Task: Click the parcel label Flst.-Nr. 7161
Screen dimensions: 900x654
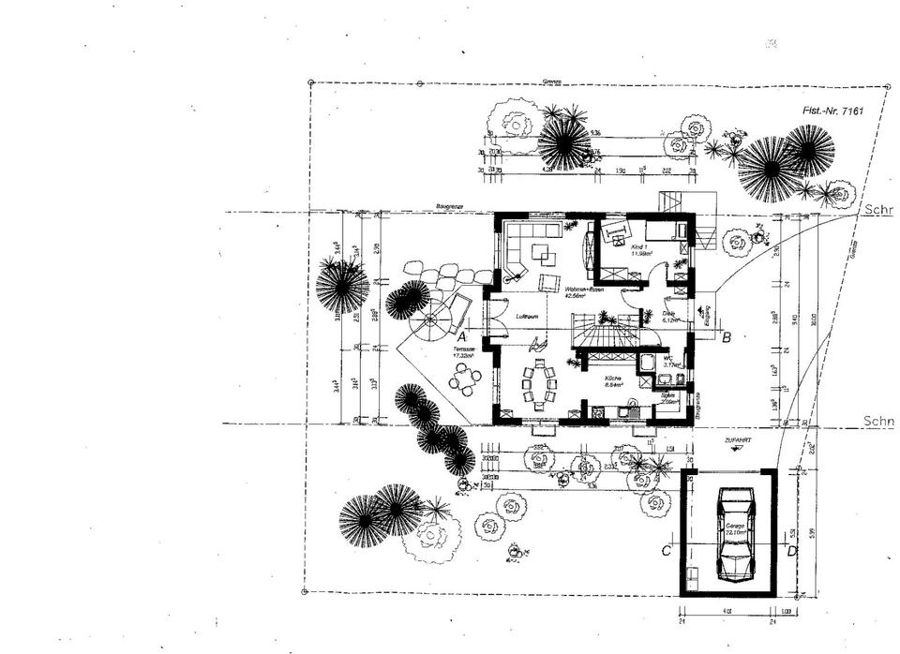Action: click(x=832, y=111)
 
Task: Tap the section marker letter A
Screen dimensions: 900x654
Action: click(x=462, y=334)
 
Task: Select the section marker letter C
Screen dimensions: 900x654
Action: click(x=666, y=551)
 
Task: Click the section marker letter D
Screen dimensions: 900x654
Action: click(x=792, y=551)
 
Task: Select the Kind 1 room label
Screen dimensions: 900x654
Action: click(x=641, y=249)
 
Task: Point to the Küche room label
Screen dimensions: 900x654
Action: click(x=614, y=379)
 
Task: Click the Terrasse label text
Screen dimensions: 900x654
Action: click(x=462, y=352)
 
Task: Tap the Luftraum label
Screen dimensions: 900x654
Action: click(x=525, y=318)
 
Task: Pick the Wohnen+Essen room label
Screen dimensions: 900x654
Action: click(x=583, y=291)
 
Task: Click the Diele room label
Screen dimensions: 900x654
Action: click(x=669, y=317)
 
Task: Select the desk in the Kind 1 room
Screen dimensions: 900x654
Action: click(x=616, y=231)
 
